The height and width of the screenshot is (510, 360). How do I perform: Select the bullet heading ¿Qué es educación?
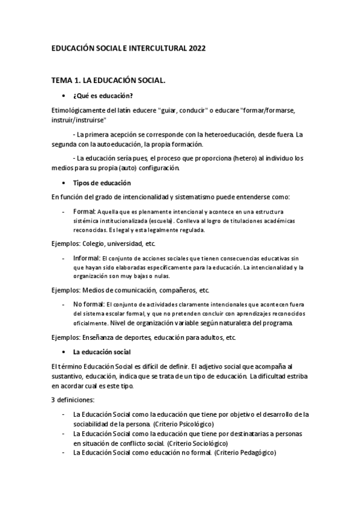tap(103, 96)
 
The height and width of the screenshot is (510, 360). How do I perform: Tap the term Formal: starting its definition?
tap(84, 212)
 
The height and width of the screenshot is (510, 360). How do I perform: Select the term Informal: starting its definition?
tap(87, 257)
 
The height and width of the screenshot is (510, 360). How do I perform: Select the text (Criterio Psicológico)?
tap(186, 425)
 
